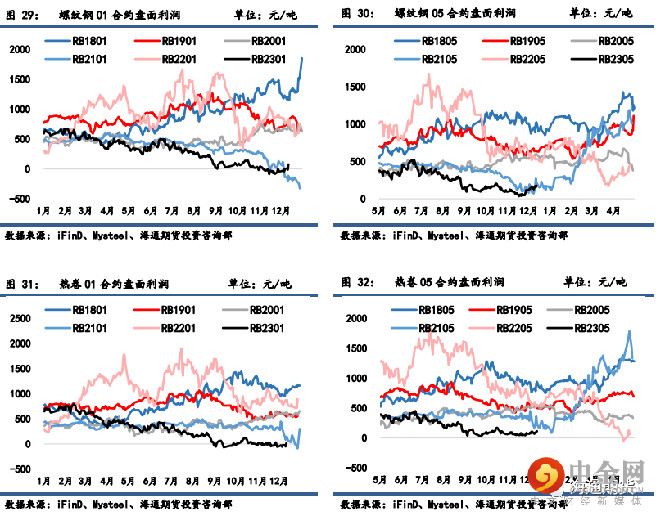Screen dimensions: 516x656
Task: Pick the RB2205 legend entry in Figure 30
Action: [527, 59]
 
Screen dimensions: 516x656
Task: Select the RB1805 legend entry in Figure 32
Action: [435, 310]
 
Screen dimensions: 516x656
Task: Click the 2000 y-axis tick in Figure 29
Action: [20, 49]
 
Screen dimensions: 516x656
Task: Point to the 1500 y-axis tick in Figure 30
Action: [355, 87]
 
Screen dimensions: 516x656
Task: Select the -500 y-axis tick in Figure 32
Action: [355, 468]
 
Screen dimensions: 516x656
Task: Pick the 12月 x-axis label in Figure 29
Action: [283, 210]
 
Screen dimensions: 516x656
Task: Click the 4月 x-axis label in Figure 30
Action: [613, 210]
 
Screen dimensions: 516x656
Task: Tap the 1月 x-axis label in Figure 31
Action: [44, 480]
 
